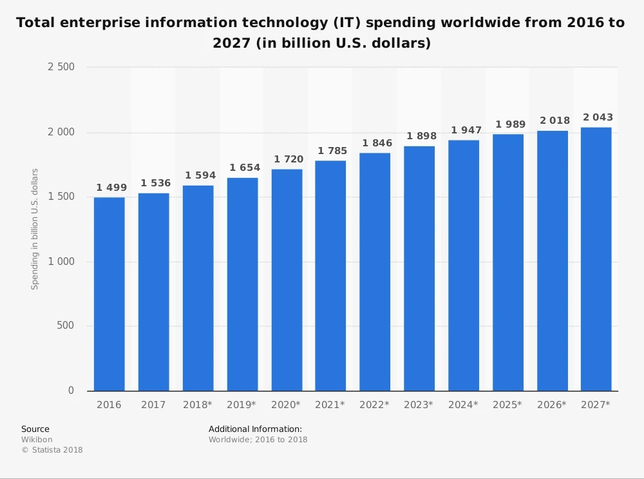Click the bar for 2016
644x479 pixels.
pos(109,294)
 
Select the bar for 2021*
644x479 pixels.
pos(330,276)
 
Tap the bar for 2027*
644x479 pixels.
pos(596,259)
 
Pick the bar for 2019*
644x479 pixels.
pos(242,284)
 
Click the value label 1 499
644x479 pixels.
pos(111,188)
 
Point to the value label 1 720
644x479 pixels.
pos(289,159)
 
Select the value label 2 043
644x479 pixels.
pos(598,117)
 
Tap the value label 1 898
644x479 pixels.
pos(421,136)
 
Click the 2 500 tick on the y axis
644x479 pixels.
pos(61,67)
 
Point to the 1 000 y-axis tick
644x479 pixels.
pos(61,262)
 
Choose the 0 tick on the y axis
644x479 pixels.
pos(71,391)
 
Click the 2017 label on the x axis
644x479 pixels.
pos(153,405)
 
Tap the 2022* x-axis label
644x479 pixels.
pos(375,405)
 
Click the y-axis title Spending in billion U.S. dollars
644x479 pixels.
pos(35,229)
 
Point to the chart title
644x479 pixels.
pos(320,33)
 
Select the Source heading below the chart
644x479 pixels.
pos(35,429)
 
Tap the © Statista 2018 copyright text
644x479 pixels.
pos(52,450)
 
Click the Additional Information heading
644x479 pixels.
pos(255,429)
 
